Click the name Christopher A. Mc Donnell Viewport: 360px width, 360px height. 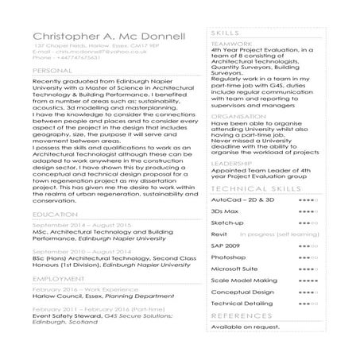[x=109, y=37]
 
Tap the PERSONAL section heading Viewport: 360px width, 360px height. [x=52, y=71]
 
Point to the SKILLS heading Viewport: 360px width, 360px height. [x=223, y=31]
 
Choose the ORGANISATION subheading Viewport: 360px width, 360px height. [x=238, y=116]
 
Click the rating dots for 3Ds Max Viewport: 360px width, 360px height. [x=308, y=212]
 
